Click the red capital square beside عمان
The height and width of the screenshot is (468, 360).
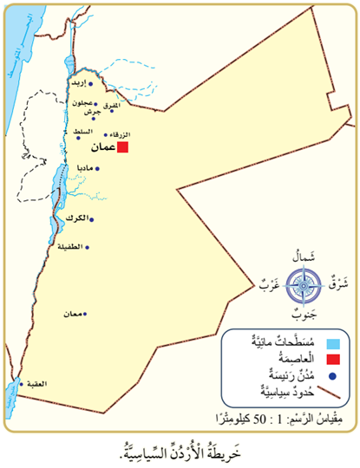click(x=123, y=148)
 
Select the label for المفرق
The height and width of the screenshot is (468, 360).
click(x=127, y=107)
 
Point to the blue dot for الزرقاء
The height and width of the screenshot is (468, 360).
click(x=107, y=135)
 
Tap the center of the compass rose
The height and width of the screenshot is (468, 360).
click(x=304, y=283)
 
